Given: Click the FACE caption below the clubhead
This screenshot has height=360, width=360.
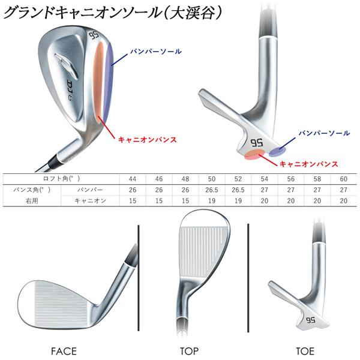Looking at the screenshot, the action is click(63, 350).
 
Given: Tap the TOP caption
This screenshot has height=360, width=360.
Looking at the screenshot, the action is click(189, 350).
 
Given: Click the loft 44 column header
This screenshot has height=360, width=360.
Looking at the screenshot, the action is click(132, 179).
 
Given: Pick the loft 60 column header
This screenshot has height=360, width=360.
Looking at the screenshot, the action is click(343, 179).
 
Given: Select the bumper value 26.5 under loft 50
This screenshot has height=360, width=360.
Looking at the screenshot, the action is click(211, 190).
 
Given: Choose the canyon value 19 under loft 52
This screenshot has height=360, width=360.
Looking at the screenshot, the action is click(238, 200).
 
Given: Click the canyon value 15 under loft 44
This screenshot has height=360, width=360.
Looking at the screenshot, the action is click(132, 200).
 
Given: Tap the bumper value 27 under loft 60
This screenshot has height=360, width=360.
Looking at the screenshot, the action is click(343, 190).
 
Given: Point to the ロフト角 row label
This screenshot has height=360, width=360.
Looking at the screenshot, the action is click(62, 179).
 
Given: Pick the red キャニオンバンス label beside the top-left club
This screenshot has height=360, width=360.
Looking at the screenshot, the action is click(147, 139).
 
